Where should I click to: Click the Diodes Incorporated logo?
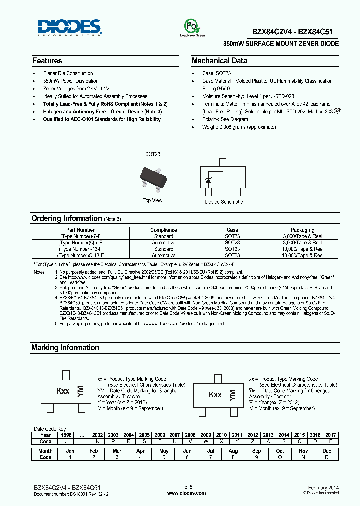pyautogui.click(x=70, y=28)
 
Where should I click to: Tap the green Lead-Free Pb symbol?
pyautogui.click(x=192, y=26)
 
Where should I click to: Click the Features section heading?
pyautogui.click(x=47, y=61)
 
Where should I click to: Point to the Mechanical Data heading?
pyautogui.click(x=219, y=61)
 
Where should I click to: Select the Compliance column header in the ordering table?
pyautogui.click(x=164, y=230)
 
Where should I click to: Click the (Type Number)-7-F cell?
pyautogui.click(x=81, y=236)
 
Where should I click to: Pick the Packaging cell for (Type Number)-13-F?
pyautogui.click(x=302, y=249)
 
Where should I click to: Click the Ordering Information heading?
pyautogui.click(x=66, y=218)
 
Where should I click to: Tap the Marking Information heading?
pyautogui.click(x=65, y=348)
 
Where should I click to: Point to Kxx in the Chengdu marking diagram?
pyautogui.click(x=215, y=395)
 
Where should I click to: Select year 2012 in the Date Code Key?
pyautogui.click(x=253, y=435)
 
